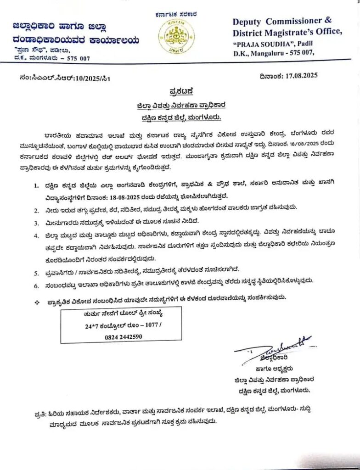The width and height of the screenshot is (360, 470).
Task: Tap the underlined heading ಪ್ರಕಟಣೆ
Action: tap(177, 90)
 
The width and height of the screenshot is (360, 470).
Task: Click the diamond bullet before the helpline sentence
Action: tap(37, 299)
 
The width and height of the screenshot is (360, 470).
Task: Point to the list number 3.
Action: tap(37, 223)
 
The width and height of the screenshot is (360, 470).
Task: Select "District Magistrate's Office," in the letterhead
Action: tap(287, 32)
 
